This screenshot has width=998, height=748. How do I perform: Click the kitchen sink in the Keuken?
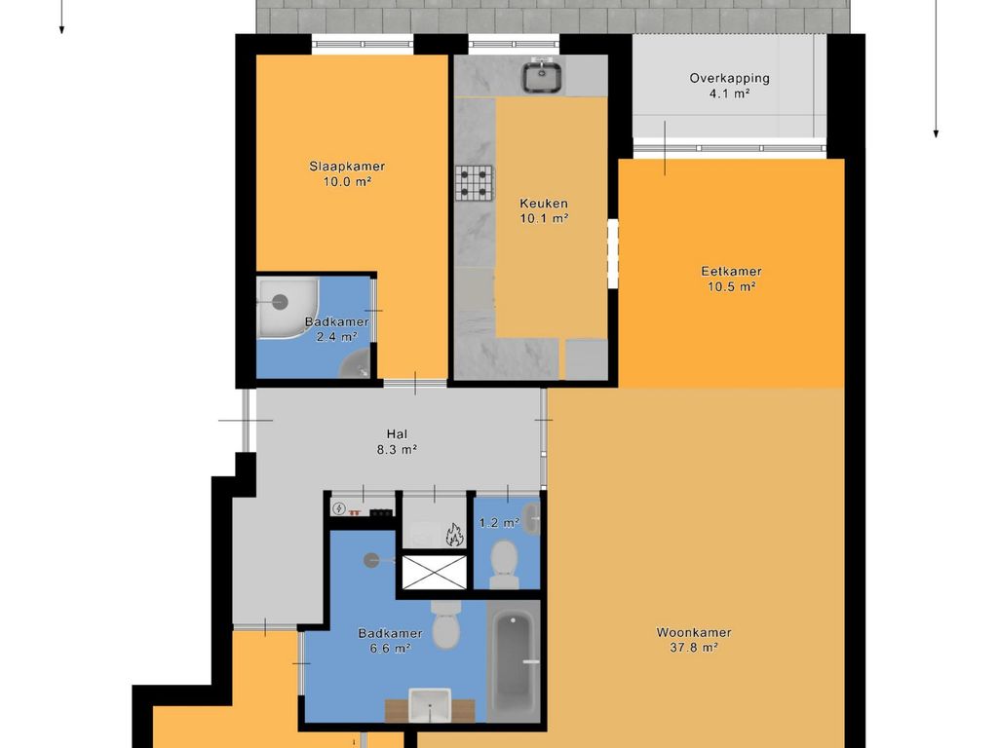point(542,76)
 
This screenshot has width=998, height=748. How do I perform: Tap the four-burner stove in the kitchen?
point(475,183)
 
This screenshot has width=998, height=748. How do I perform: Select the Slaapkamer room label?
point(347,167)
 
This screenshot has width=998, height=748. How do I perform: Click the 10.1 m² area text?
point(544,219)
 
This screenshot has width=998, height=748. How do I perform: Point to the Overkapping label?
point(729,79)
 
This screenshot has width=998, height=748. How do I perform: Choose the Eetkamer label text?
point(731,271)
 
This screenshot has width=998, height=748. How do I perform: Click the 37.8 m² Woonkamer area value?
point(694,648)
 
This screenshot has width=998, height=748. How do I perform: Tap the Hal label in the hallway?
point(397,434)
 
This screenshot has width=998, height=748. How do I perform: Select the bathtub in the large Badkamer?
point(514,662)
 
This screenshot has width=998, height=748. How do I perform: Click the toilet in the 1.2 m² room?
point(504,564)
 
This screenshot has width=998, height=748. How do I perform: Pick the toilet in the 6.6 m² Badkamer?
point(446,624)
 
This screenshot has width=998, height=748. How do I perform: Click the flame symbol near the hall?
point(453,535)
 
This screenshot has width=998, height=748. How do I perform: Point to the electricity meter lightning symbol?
point(339,508)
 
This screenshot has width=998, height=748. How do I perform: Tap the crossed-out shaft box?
point(434,572)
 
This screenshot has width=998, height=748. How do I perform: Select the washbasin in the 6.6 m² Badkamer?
point(430,705)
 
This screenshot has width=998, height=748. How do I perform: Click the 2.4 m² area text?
point(336,337)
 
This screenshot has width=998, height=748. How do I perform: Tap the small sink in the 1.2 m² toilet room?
point(531,518)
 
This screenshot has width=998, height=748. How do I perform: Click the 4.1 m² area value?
point(729,94)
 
